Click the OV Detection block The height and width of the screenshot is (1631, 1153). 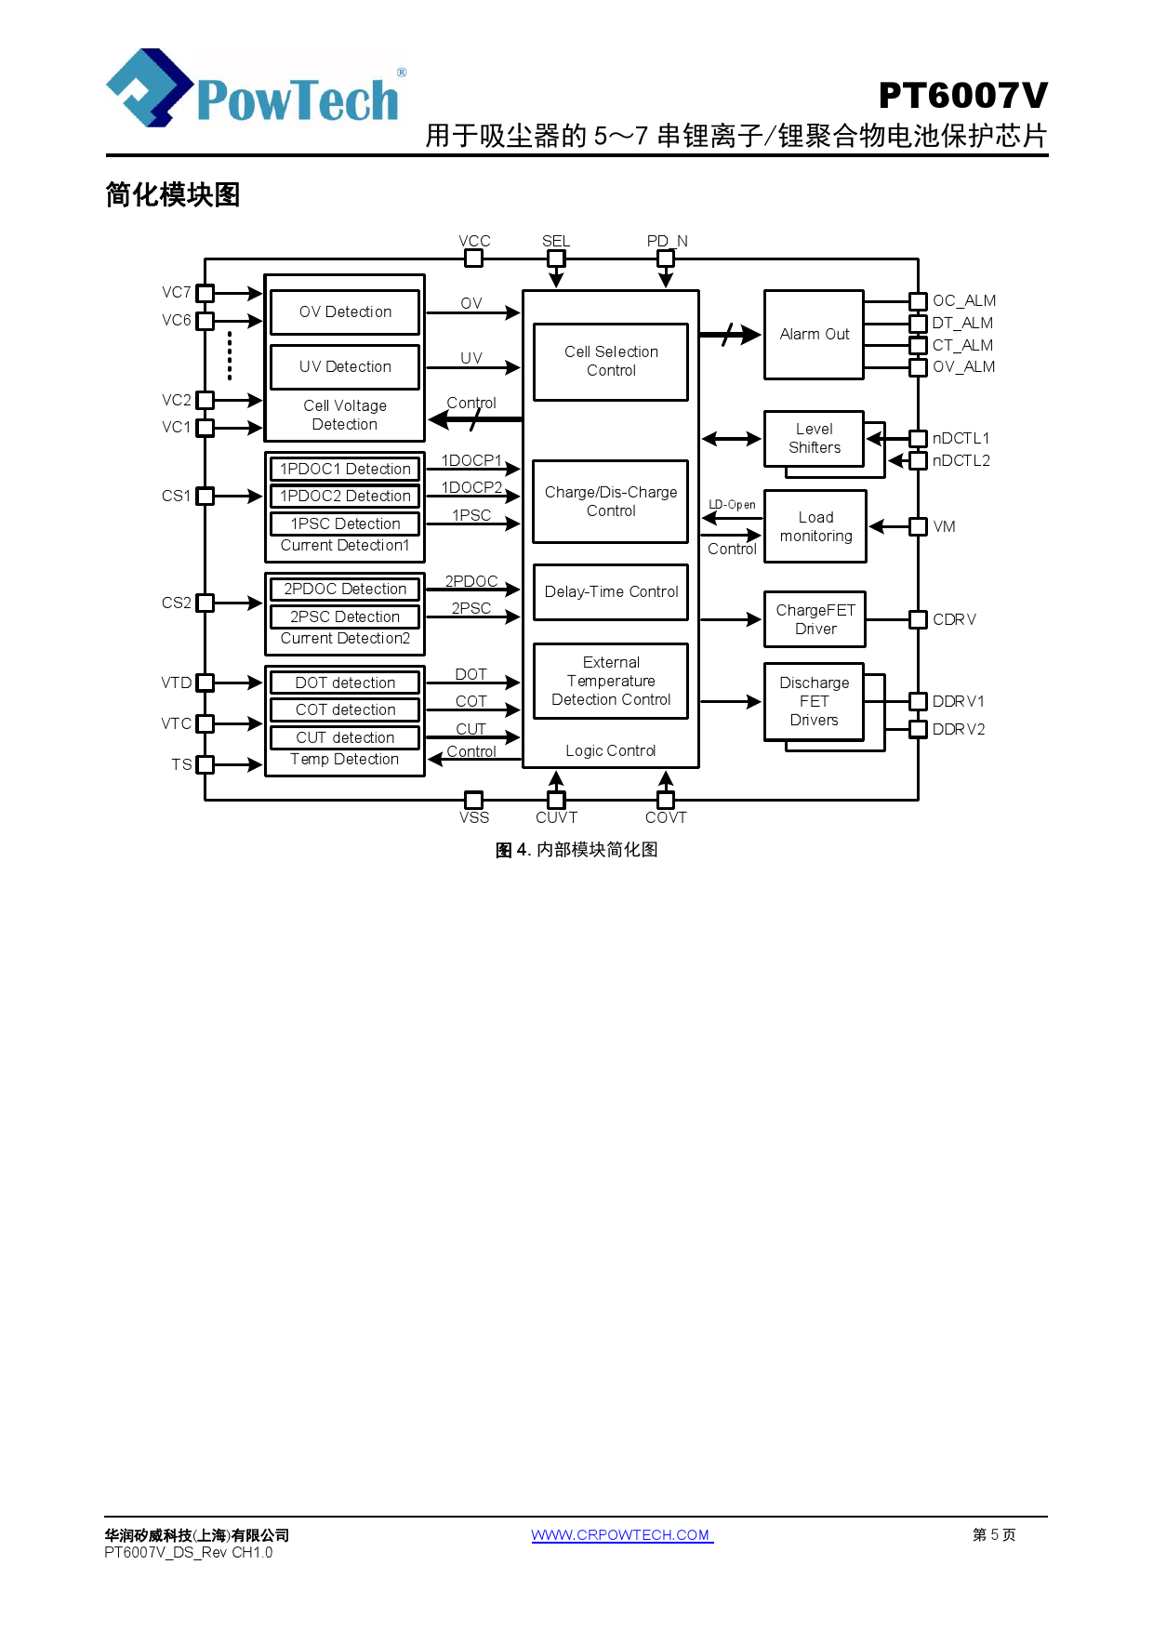coord(345,312)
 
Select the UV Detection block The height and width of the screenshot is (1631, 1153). coord(345,367)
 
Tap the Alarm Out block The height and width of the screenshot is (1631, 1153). coord(814,335)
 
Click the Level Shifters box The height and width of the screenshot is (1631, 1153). coord(814,439)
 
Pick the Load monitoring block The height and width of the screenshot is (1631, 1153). coord(815,527)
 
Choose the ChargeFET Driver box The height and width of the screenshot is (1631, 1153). coord(815,619)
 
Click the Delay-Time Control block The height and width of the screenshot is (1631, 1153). coord(611,592)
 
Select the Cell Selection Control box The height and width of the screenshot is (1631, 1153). coord(611,362)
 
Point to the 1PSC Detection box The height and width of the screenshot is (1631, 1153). coord(345,524)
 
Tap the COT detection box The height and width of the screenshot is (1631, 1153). coord(345,710)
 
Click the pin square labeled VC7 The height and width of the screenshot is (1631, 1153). coord(205,293)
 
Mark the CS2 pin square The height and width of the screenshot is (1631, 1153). coord(205,603)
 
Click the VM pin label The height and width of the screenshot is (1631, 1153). coord(944,527)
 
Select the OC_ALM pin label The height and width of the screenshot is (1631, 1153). coord(963,301)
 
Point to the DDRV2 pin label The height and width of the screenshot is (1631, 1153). coord(958,730)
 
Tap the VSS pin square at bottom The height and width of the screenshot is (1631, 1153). coord(473,800)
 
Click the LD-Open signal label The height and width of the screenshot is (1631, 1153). coord(732,505)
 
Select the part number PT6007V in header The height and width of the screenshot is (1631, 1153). coord(962,96)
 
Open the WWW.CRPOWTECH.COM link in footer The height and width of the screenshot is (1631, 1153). coord(621,1535)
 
